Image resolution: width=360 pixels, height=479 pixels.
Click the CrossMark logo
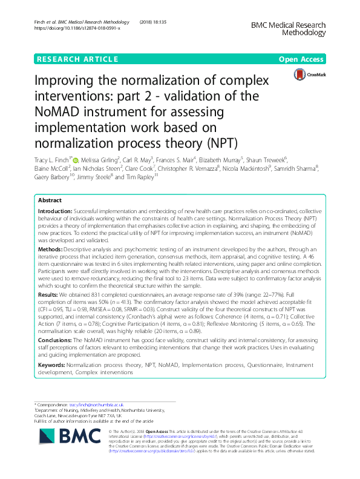(x=309, y=74)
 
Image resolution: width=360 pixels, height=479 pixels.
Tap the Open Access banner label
(x=302, y=59)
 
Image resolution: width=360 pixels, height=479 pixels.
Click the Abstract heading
(x=50, y=200)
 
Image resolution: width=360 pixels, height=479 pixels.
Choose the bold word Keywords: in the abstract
(x=54, y=365)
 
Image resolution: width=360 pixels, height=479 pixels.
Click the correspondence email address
(x=94, y=404)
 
